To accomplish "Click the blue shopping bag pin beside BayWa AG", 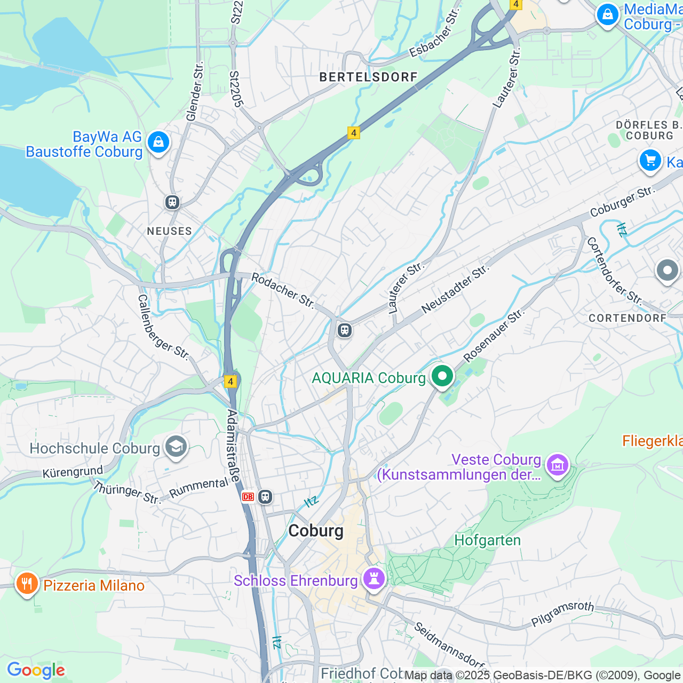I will pos(158,142).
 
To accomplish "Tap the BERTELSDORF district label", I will pos(368,77).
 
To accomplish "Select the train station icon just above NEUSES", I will pos(172,202).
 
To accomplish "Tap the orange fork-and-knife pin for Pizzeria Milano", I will pos(26,584).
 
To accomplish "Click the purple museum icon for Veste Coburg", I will pos(557,465).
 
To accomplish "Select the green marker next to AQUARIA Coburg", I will pos(442,377).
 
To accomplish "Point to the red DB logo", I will pos(248,497).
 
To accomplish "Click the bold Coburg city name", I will pos(316,531).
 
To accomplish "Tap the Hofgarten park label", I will pos(487,541).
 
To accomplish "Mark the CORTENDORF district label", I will pos(628,318).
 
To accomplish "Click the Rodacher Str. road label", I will pos(283,290).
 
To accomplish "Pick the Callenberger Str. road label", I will pos(163,327).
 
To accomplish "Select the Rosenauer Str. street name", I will pos(494,336).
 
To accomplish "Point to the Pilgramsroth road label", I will pos(562,614).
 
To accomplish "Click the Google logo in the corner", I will pos(36,670).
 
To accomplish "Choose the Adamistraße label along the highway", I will pos(233,446).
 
